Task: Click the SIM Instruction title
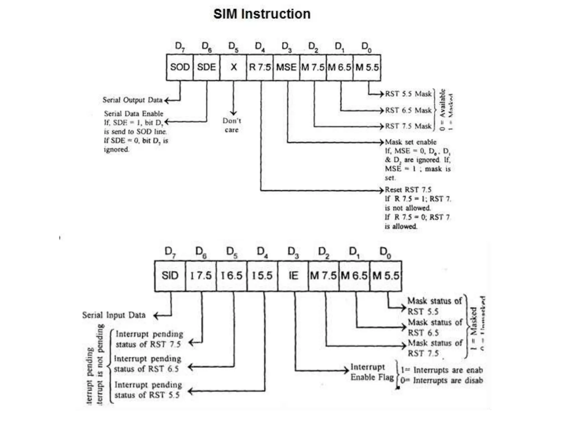(262, 14)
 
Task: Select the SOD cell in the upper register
(180, 67)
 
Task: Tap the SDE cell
(206, 67)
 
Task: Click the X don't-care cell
(233, 67)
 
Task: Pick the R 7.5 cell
(260, 67)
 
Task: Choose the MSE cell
(286, 67)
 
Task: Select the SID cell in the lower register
(170, 276)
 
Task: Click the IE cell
(293, 276)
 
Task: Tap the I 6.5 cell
(231, 276)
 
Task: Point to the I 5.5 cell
(262, 276)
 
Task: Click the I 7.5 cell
(201, 276)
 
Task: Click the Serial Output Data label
(132, 100)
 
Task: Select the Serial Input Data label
(114, 315)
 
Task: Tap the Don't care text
(232, 125)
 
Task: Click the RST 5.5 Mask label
(408, 94)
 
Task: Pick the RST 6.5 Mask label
(408, 110)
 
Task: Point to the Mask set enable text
(411, 142)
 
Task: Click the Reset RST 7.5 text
(408, 190)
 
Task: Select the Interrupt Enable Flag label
(372, 372)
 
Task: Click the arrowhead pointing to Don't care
(233, 113)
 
